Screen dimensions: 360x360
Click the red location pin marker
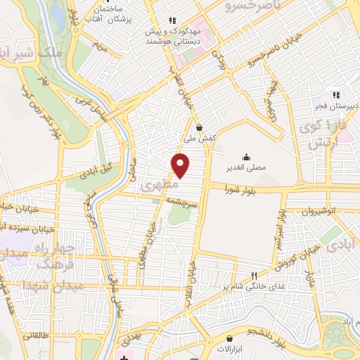[181, 166]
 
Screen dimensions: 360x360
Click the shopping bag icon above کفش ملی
[200, 128]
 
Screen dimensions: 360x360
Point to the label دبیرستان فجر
[336, 105]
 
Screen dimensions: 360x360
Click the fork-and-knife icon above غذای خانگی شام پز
[255, 276]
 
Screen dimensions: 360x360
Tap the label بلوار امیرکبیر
[280, 234]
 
